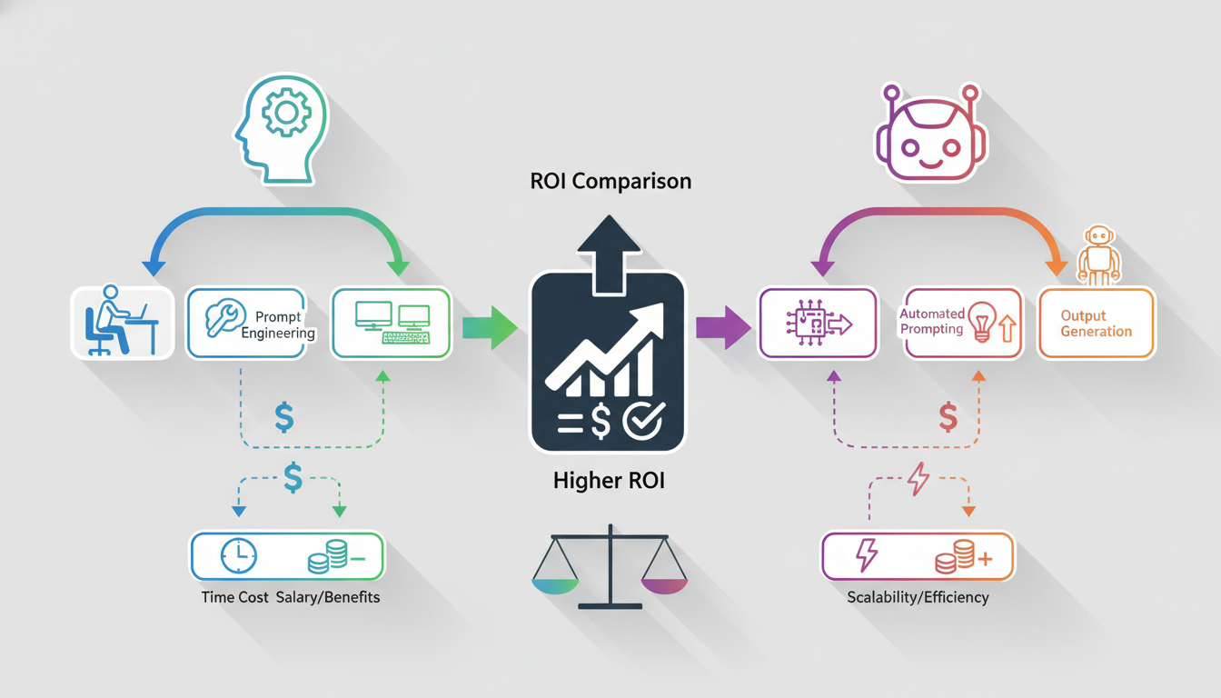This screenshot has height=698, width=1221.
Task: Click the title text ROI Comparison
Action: coord(610,181)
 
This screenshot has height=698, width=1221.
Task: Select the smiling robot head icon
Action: coord(931,134)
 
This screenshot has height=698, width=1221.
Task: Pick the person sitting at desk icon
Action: coord(122,323)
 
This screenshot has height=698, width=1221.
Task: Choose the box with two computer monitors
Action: coord(391,324)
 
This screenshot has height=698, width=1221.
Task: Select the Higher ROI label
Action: coord(609,481)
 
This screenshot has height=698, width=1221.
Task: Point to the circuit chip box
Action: coord(818,324)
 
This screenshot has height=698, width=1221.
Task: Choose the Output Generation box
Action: coord(1097,323)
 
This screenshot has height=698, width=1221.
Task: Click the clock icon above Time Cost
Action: coord(238,555)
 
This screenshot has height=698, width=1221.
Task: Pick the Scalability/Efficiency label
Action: coord(918,598)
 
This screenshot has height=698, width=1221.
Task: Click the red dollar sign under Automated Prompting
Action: coord(948,416)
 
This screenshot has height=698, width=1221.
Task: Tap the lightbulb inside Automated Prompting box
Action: coord(982,323)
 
